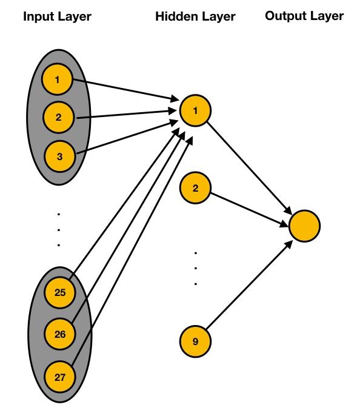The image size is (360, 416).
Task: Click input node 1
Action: click(57, 79)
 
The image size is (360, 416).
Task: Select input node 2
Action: click(59, 117)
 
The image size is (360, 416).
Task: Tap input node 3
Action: click(59, 156)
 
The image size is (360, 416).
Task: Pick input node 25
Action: click(60, 292)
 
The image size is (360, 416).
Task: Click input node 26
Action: click(60, 334)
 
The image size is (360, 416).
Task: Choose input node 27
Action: click(60, 377)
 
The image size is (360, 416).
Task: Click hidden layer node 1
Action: click(195, 110)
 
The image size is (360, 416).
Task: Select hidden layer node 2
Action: click(195, 188)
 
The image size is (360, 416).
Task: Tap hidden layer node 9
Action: click(195, 341)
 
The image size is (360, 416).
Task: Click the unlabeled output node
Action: click(304, 226)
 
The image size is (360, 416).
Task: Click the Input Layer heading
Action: click(57, 17)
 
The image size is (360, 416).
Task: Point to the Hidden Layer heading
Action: click(195, 17)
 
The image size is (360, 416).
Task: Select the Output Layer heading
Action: click(304, 16)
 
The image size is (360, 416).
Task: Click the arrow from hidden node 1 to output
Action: click(249, 168)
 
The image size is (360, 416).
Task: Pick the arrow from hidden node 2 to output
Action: click(249, 210)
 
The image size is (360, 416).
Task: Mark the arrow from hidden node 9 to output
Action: click(249, 284)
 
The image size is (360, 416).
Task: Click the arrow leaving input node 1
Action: click(126, 90)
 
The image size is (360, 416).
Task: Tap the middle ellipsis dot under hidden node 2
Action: click(196, 269)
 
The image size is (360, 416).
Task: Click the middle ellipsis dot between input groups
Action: click(59, 230)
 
